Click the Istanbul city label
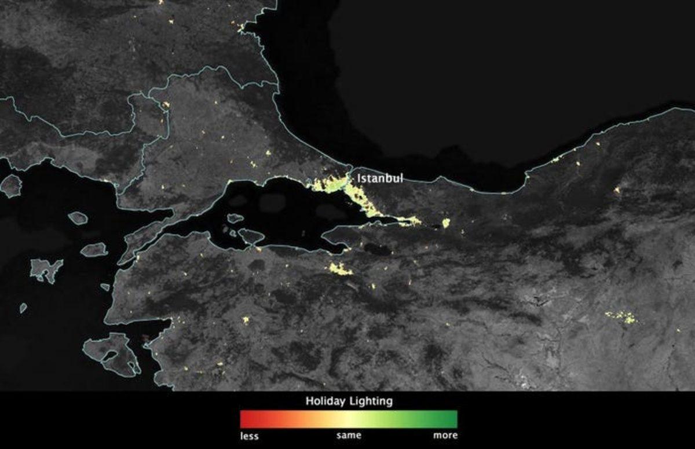point(379,178)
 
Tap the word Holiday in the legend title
point(326,401)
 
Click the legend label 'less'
point(249,436)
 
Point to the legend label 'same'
point(349,435)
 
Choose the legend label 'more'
point(445,435)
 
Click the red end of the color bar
point(243,419)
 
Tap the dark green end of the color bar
point(453,419)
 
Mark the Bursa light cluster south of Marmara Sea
point(340,269)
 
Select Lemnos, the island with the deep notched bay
point(46,269)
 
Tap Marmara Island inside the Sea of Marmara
point(251,236)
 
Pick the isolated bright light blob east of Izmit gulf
point(445,222)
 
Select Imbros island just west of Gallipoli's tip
point(94,250)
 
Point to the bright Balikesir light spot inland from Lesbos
point(245,319)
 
